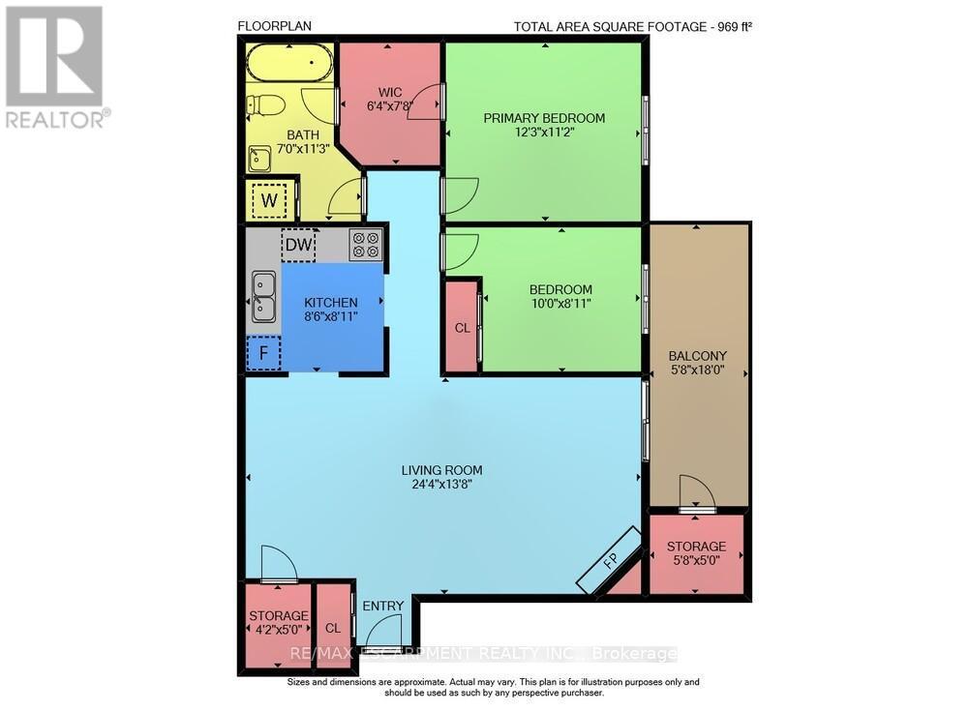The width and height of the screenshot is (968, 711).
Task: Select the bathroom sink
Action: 259,158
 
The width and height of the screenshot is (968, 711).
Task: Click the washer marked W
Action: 268,201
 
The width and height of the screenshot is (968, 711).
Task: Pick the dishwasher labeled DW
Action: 298,245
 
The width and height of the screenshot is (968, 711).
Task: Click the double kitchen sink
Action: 262,297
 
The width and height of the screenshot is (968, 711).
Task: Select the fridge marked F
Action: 262,352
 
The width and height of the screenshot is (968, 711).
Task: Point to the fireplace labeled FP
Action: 610,561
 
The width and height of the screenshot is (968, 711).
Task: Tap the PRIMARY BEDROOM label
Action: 544,118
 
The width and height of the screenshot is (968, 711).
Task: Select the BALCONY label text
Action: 698,355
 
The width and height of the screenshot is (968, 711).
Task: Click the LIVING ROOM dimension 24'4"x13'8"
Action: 441,485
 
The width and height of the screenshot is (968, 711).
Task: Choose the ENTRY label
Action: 383,607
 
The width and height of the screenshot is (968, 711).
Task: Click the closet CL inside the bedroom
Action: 463,328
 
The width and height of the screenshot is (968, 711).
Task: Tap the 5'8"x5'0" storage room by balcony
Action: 696,552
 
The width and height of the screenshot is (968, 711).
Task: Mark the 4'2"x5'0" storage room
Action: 278,622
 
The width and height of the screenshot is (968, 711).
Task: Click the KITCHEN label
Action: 331,302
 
